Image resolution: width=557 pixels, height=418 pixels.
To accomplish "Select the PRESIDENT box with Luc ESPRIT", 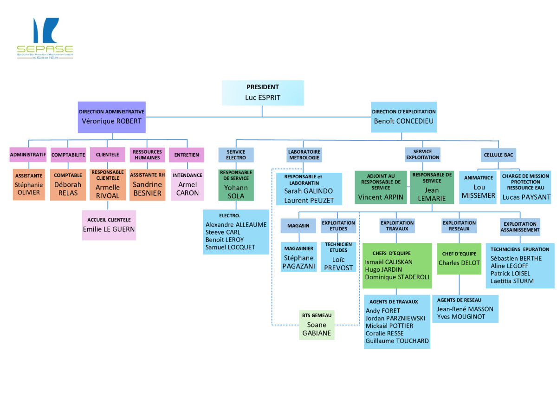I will click(263, 93).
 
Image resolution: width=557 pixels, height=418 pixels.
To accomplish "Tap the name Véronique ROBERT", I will click(111, 121).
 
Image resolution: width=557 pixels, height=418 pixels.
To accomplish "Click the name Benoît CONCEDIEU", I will click(404, 121).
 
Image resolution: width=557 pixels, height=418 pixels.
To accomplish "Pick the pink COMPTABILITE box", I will click(68, 155).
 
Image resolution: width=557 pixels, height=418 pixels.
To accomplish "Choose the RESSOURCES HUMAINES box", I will click(147, 155).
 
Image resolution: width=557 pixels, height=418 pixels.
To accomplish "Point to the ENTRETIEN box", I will click(187, 155).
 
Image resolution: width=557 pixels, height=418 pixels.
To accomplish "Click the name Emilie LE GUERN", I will click(109, 229).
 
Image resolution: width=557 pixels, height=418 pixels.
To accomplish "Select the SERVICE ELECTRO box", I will click(236, 155).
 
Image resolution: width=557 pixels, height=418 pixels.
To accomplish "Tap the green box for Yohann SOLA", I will click(236, 185).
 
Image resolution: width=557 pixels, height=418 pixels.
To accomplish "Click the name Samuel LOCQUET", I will click(230, 247).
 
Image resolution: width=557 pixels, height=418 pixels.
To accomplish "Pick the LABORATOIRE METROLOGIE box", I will click(304, 155).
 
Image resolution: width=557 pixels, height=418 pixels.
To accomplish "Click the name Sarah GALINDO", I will click(309, 191).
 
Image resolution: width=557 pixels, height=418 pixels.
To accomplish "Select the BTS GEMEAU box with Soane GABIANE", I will click(317, 325).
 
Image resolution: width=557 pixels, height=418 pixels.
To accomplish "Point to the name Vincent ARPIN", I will click(381, 197).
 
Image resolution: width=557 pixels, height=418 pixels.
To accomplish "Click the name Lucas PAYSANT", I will click(526, 197).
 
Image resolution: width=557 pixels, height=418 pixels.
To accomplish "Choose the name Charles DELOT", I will click(459, 263).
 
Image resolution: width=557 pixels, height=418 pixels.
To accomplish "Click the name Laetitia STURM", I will click(512, 281).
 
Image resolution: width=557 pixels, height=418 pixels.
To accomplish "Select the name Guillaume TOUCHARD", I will click(397, 341).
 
